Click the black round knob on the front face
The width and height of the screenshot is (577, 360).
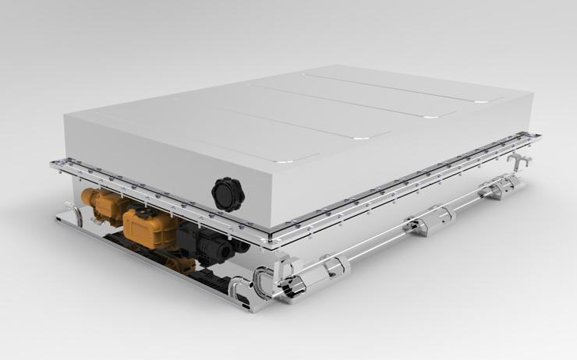point(228,193)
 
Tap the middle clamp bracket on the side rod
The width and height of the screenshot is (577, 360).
point(418,227)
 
